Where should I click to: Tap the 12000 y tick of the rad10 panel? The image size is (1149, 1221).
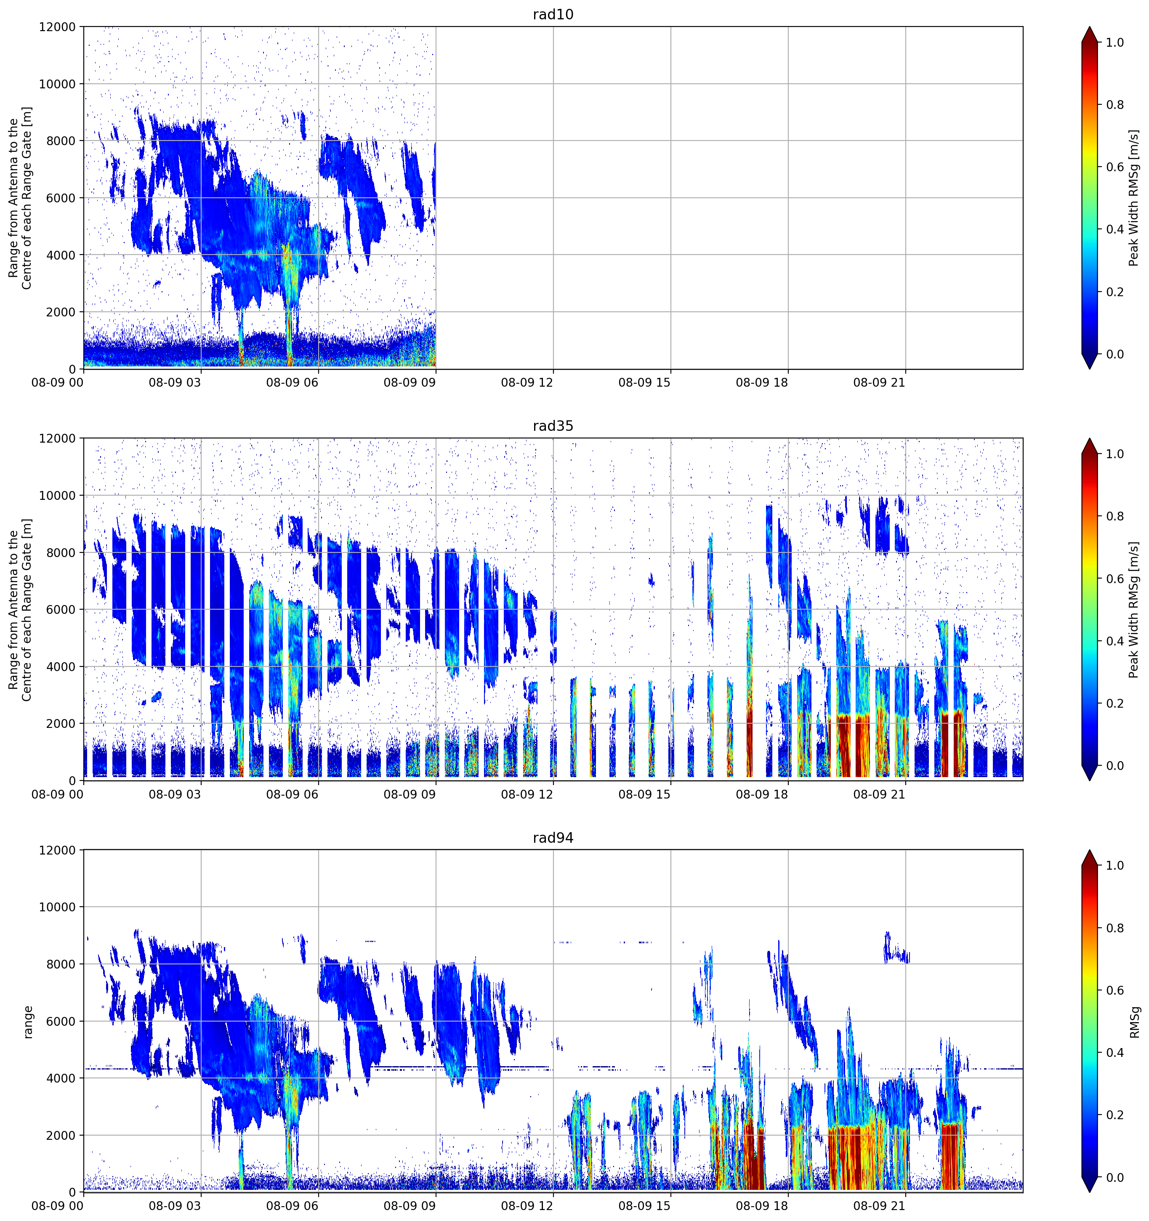[x=57, y=27]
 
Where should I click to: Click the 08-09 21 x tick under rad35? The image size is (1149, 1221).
[x=879, y=794]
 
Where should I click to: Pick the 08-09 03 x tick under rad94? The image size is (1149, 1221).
[x=175, y=1206]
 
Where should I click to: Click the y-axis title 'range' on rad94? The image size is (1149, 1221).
[x=28, y=1022]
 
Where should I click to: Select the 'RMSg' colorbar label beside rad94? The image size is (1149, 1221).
[x=1134, y=1022]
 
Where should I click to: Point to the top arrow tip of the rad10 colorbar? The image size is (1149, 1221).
[x=1089, y=27]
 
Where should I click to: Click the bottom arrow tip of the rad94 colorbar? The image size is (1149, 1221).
[x=1089, y=1192]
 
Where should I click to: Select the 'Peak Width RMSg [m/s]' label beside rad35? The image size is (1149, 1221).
[x=1134, y=610]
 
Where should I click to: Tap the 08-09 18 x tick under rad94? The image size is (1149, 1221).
[x=762, y=1206]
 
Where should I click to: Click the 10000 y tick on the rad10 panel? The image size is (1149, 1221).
[x=57, y=84]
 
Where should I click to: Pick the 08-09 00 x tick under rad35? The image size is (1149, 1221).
[x=57, y=794]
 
